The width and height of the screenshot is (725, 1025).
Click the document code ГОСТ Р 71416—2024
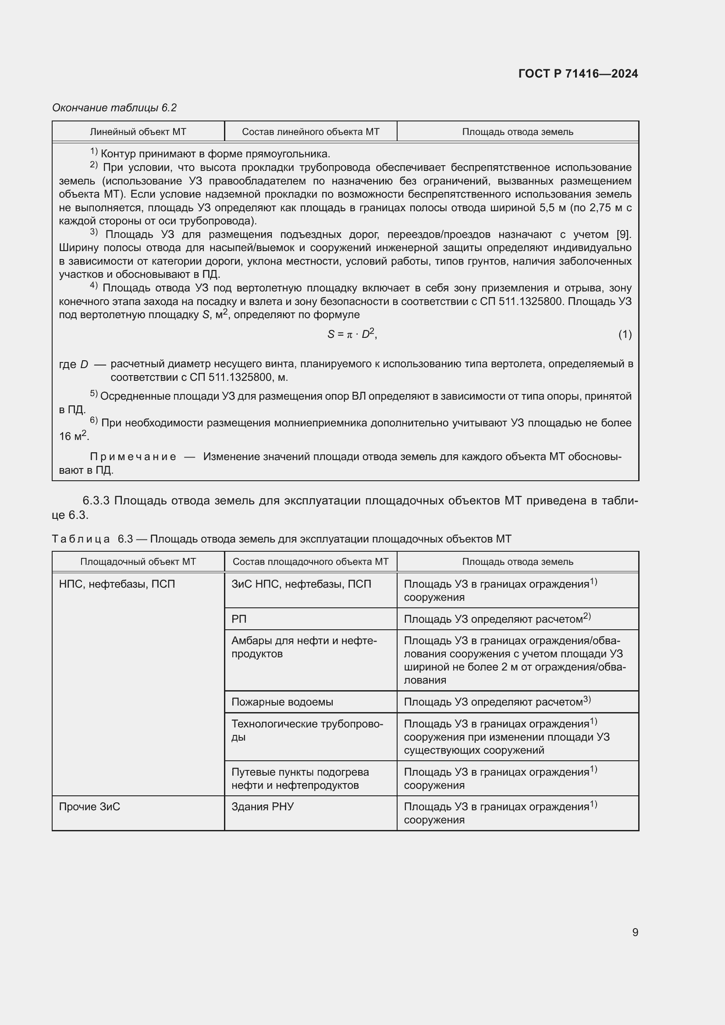(578, 74)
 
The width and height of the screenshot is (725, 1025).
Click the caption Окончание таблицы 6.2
(114, 108)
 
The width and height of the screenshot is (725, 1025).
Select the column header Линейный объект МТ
(138, 132)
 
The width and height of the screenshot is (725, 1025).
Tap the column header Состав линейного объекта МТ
(310, 132)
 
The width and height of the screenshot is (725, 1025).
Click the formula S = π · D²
(352, 334)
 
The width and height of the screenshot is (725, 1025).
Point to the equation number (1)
(625, 334)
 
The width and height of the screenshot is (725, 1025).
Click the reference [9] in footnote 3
(623, 234)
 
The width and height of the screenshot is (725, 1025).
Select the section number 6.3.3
(96, 500)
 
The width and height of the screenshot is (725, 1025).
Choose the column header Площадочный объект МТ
(138, 562)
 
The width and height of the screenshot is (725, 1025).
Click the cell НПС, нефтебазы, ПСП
(117, 584)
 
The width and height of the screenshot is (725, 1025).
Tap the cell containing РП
(239, 619)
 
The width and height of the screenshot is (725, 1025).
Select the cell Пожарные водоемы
(282, 702)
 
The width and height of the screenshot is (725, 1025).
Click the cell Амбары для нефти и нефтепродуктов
(304, 647)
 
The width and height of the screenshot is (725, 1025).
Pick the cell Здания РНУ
(263, 807)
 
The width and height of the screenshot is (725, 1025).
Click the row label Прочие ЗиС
(89, 807)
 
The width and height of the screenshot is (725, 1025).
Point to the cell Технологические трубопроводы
(307, 730)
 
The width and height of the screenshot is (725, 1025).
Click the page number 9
(635, 932)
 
